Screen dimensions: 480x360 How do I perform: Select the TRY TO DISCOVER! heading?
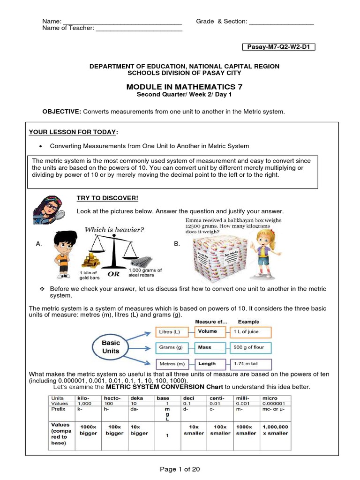point(101,198)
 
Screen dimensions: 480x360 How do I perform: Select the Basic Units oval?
point(111,347)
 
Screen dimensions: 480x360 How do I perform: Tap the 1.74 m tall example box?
point(251,363)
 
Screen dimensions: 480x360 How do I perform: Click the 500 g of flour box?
point(251,348)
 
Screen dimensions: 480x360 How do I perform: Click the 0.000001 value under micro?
point(277,403)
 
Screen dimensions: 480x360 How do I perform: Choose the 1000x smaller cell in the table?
point(246,430)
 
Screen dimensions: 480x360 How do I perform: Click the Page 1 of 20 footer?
point(180,469)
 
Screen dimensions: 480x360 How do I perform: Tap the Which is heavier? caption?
point(114,230)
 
